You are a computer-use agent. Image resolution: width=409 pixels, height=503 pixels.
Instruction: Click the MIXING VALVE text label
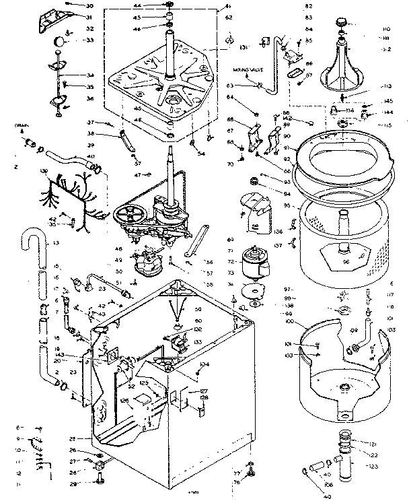coord(248,69)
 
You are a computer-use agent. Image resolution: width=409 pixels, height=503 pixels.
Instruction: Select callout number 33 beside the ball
coord(89,40)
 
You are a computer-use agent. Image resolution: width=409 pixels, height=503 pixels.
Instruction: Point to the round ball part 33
coord(61,40)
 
